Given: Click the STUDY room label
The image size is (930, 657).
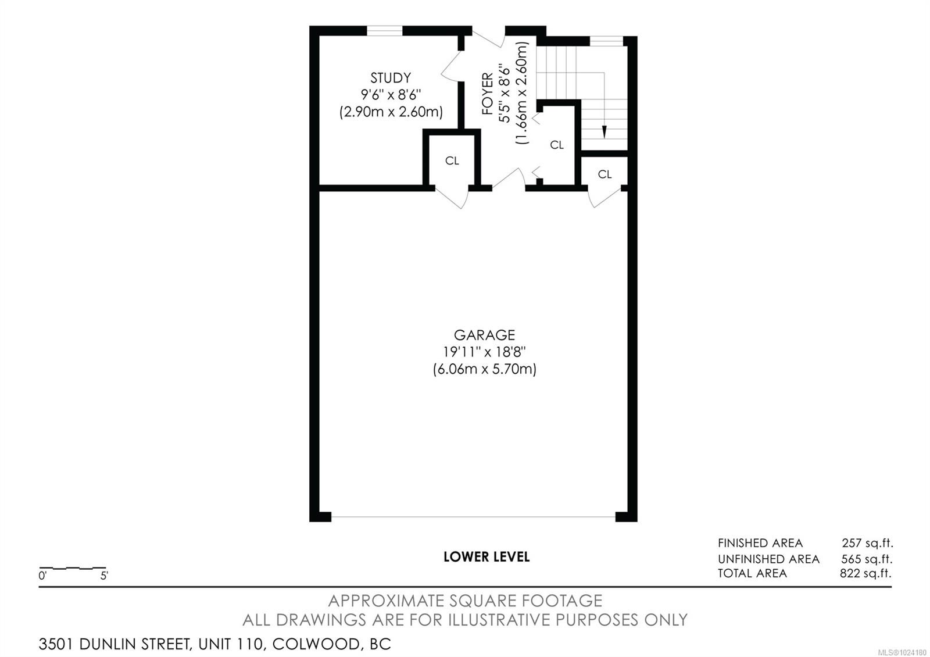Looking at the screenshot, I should [391, 78].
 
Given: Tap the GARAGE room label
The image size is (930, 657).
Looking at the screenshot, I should [484, 335].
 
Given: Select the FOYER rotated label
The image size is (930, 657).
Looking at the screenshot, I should [487, 93].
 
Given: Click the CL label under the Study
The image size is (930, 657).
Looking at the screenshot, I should [452, 161].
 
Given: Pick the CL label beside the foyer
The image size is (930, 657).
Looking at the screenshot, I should [557, 145].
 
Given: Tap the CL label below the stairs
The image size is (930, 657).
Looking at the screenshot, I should [604, 174].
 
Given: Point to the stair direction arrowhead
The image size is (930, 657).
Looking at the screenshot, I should [604, 132].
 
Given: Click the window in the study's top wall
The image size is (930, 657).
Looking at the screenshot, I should [385, 31].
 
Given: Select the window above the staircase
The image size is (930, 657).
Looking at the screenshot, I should [606, 41].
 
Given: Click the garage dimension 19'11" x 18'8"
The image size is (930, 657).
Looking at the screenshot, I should [484, 352].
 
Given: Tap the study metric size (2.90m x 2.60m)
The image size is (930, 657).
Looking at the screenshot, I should [391, 112].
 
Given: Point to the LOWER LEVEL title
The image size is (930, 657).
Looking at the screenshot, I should [487, 556].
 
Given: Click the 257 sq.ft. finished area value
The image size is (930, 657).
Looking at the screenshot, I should [867, 543].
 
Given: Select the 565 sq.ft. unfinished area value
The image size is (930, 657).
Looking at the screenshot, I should [866, 559].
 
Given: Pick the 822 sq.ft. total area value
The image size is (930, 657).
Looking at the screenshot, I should [865, 573].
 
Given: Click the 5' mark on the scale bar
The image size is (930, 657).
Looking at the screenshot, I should [104, 576].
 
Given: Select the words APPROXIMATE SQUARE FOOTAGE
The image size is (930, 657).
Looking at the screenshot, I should [465, 601].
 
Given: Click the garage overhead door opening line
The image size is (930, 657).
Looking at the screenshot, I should [473, 517].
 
